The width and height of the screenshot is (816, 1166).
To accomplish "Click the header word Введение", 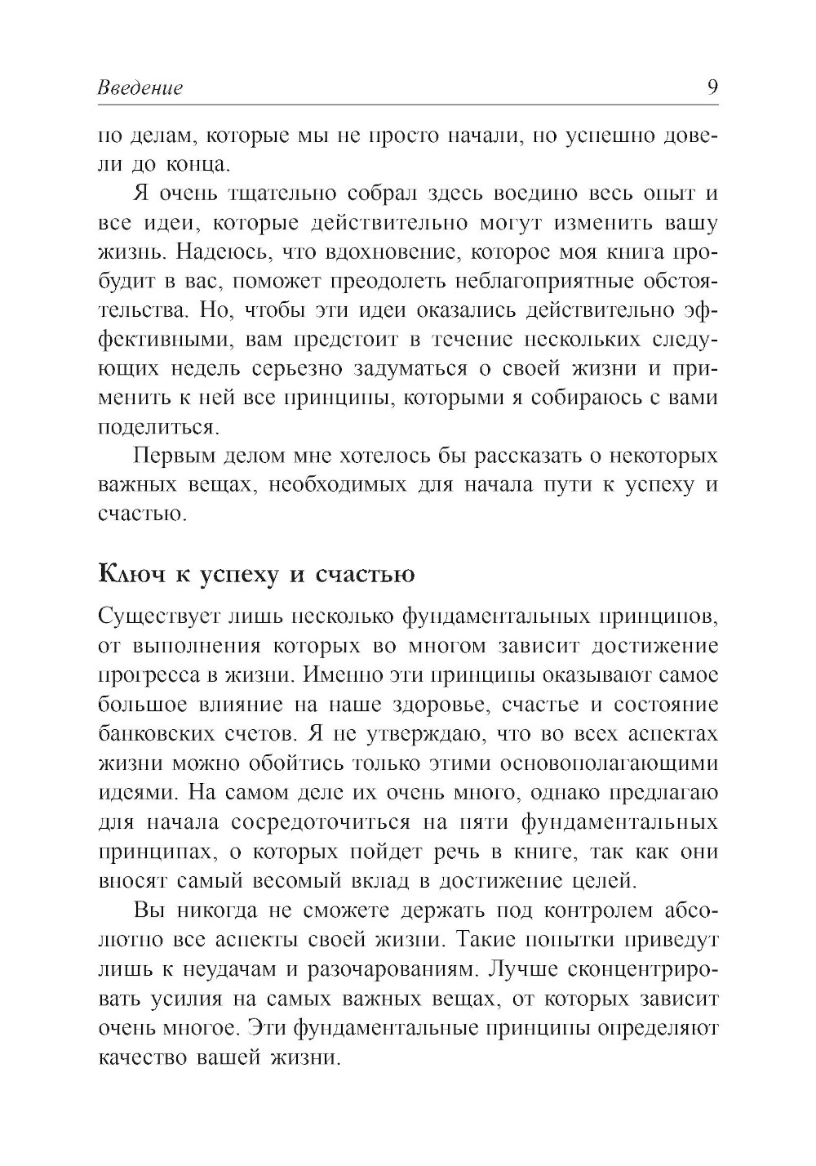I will [x=140, y=87].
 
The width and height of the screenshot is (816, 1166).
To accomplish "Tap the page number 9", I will [x=711, y=87].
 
